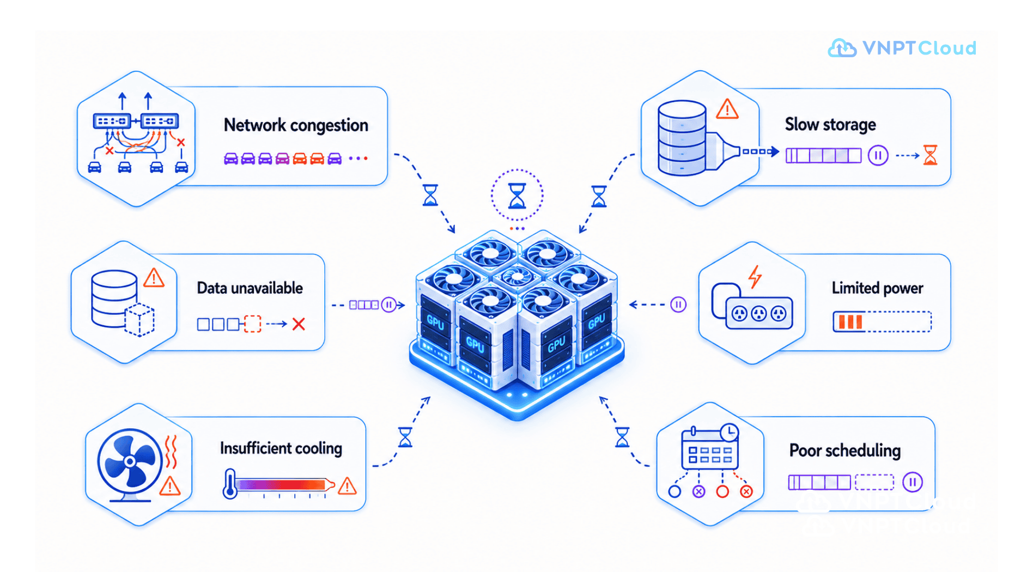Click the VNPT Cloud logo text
click(x=919, y=48)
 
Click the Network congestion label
click(x=296, y=125)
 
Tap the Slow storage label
click(x=830, y=125)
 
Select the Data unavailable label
click(x=250, y=288)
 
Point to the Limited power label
click(x=877, y=288)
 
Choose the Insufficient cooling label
click(x=281, y=448)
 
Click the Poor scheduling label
click(x=844, y=451)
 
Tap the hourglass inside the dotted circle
click(x=517, y=196)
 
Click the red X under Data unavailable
click(x=299, y=324)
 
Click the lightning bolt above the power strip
click(x=755, y=277)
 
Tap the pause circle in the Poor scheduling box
click(x=913, y=482)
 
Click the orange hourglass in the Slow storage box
click(x=930, y=155)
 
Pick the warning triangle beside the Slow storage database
click(x=727, y=109)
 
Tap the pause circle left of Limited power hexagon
click(x=678, y=305)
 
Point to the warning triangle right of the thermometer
click(x=347, y=486)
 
